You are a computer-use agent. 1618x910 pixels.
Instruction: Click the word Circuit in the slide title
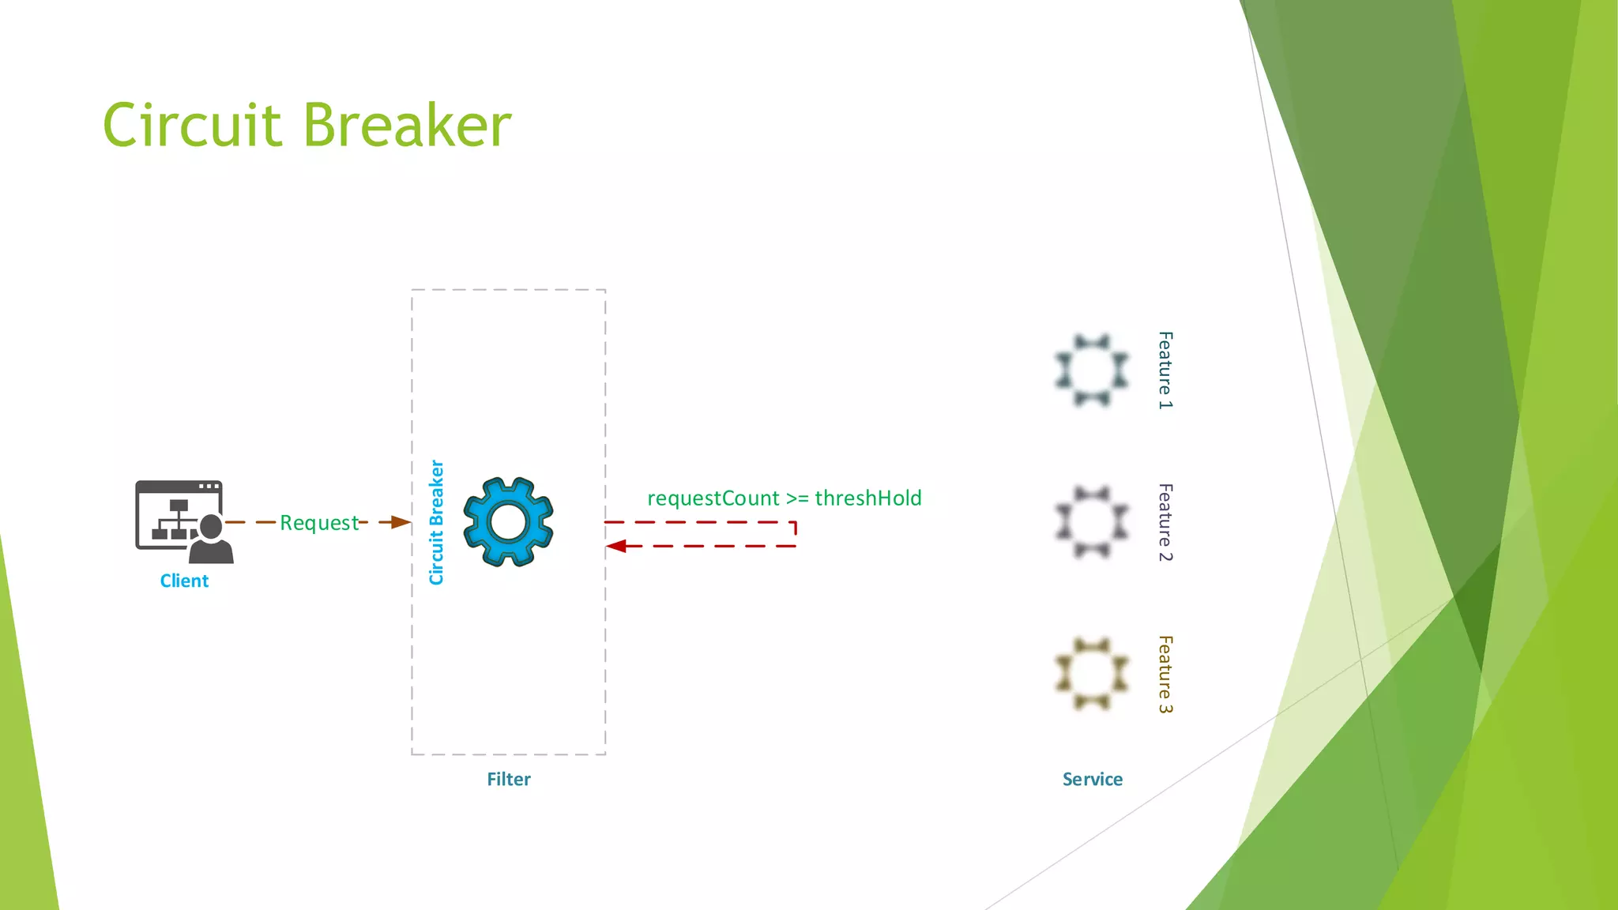point(192,126)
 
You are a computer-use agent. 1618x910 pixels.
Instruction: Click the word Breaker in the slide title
point(408,126)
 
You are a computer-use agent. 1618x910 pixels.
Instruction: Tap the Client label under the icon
point(184,581)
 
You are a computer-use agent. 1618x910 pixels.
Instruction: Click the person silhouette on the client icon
point(213,540)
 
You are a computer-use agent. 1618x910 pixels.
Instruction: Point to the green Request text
point(319,523)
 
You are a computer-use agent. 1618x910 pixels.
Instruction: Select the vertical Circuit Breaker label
point(436,522)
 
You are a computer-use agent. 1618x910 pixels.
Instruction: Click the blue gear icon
point(508,521)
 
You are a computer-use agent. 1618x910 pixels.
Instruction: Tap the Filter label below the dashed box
point(508,780)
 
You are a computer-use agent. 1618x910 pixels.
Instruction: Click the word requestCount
point(713,498)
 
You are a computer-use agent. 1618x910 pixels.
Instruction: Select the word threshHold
point(867,498)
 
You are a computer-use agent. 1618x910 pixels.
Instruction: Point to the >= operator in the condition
point(797,499)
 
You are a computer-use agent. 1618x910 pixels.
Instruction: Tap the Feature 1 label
point(1165,370)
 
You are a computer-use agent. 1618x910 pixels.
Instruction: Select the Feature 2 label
point(1165,522)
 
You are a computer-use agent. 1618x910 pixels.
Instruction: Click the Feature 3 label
point(1165,674)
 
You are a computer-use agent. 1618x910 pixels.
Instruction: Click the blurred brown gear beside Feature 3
point(1092,674)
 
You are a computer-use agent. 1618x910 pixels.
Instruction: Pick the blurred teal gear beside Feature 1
point(1092,370)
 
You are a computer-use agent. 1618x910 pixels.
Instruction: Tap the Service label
point(1092,780)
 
